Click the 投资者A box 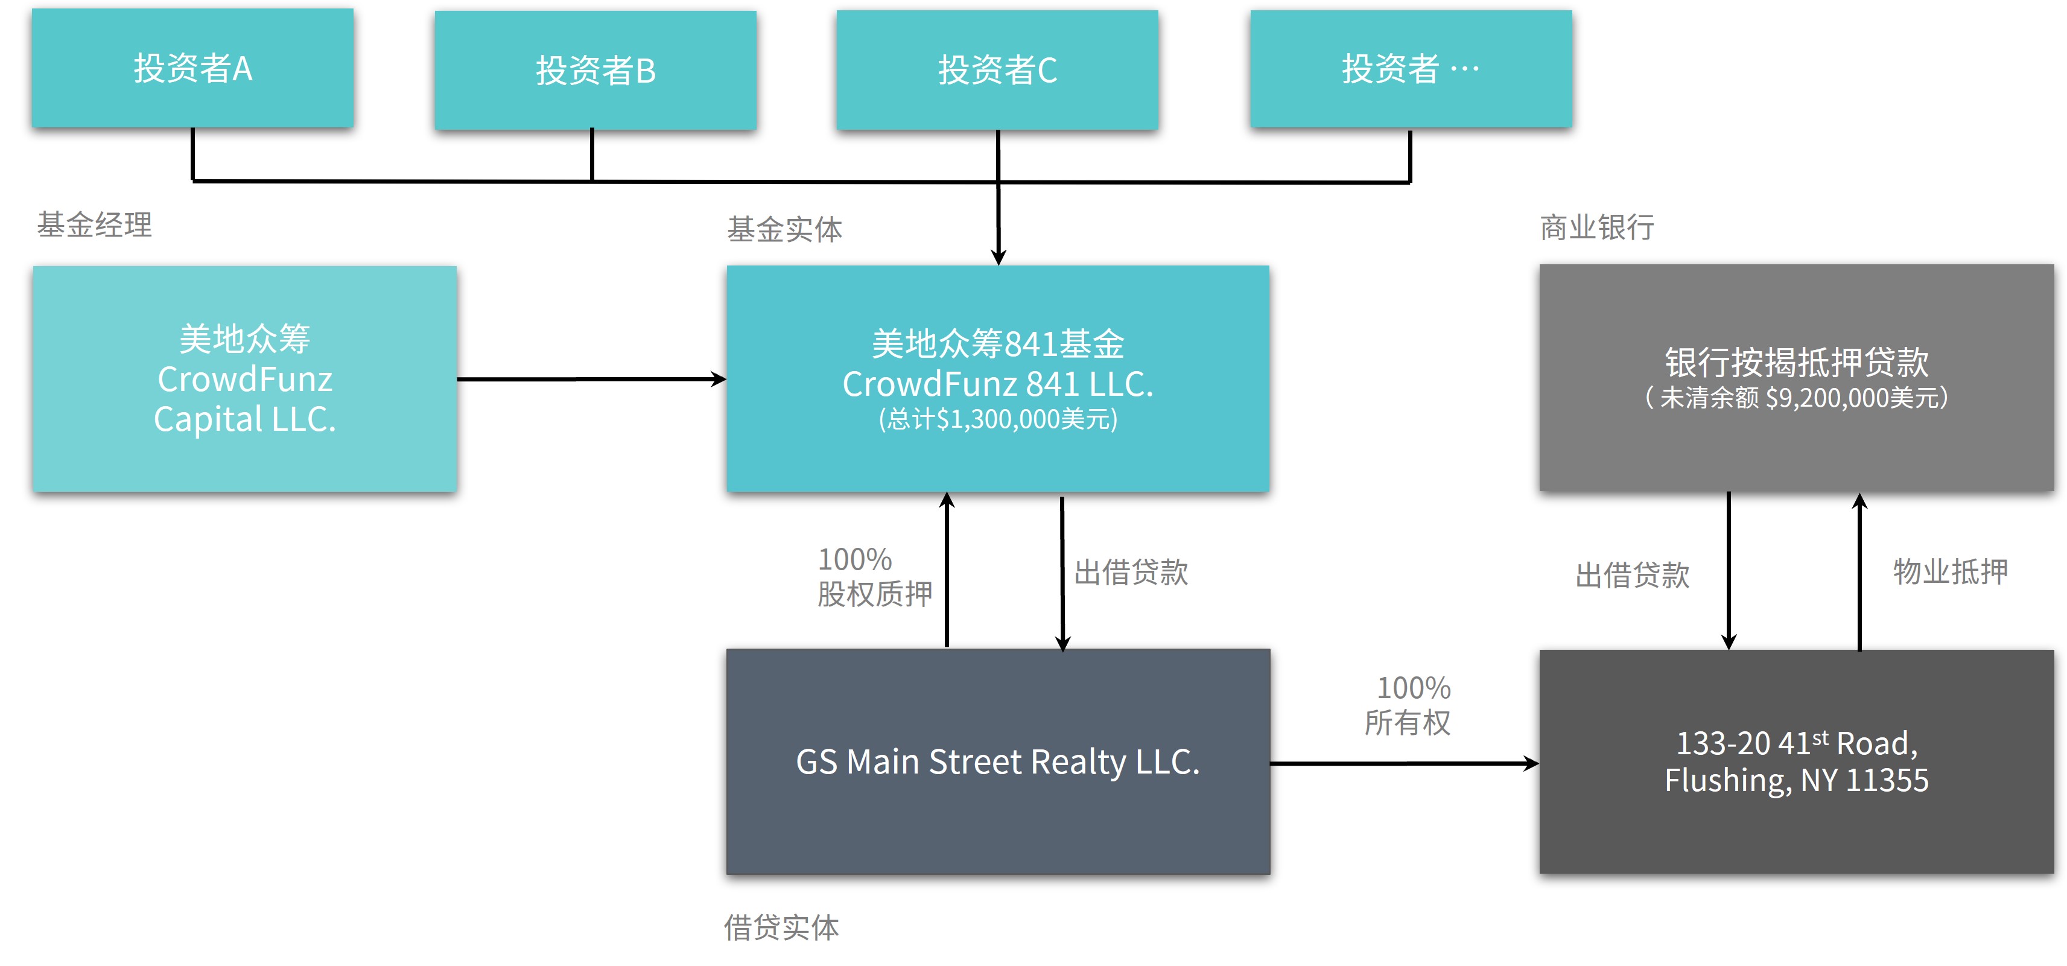tap(192, 68)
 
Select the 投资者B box tap(595, 71)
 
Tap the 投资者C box tap(997, 71)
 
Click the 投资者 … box tap(1411, 69)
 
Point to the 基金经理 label tap(95, 224)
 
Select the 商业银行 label tap(1597, 227)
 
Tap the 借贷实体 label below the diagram tap(781, 927)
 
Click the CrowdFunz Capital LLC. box tap(245, 379)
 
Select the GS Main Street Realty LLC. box tap(997, 761)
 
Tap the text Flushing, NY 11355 tap(1796, 780)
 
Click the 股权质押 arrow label tap(875, 594)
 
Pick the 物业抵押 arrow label tap(1950, 571)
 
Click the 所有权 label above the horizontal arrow tap(1408, 722)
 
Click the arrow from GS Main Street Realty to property tap(1404, 764)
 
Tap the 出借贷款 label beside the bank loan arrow tap(1632, 574)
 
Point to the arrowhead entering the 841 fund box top tap(998, 257)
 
